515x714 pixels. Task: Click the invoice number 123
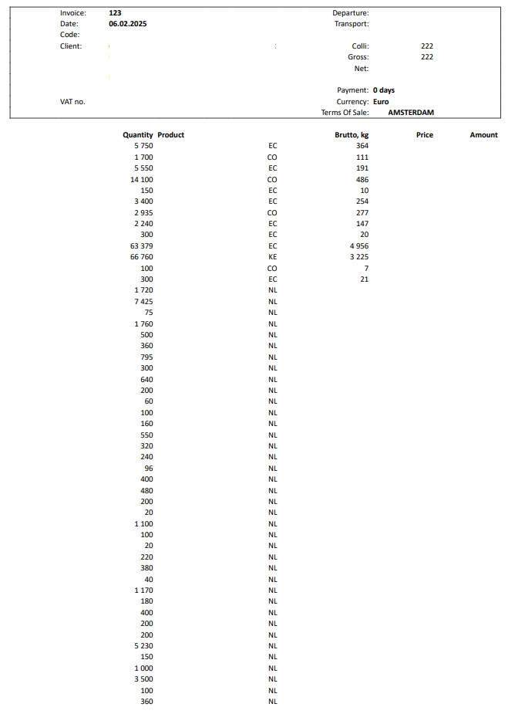pos(116,13)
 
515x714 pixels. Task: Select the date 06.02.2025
pos(128,24)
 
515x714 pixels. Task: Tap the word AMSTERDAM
pos(411,113)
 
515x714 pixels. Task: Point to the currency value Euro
pos(381,102)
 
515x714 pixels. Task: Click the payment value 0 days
pos(384,90)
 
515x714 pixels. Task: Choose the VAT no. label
pos(72,102)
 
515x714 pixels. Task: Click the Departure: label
pos(351,13)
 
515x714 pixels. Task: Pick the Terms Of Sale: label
pos(345,113)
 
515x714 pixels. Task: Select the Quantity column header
pos(138,135)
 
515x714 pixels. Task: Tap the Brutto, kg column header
pos(352,135)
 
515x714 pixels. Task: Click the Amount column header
pos(483,135)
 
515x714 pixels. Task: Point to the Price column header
pos(425,135)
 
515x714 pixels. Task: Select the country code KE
pos(272,257)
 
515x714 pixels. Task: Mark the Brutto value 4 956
pos(359,246)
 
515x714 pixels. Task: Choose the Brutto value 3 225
pos(359,257)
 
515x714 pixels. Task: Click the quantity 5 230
pos(143,646)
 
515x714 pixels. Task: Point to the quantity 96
pos(148,469)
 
